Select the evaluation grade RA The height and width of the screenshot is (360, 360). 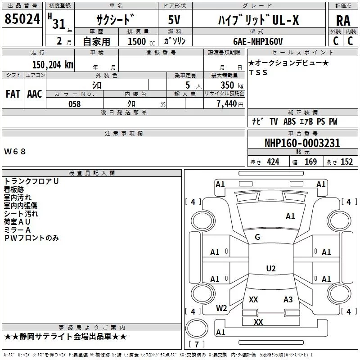coord(343,21)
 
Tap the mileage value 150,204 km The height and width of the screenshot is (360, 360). coord(52,65)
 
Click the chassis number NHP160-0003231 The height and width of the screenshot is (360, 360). coord(302,143)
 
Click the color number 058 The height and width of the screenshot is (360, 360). coord(74,104)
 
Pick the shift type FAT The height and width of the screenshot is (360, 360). coord(13,94)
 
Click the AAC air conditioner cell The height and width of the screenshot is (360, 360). coord(35,94)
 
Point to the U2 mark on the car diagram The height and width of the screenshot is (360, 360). coord(270,269)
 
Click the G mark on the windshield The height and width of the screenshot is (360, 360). coord(257,237)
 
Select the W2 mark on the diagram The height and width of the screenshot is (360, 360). coord(221,308)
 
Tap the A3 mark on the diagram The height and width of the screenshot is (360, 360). coord(288,299)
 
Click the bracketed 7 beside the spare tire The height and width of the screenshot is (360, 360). coord(196,345)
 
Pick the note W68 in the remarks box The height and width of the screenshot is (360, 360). coord(15,152)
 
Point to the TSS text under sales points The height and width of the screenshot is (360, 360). coord(258,73)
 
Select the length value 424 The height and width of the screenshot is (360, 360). coord(273,162)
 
